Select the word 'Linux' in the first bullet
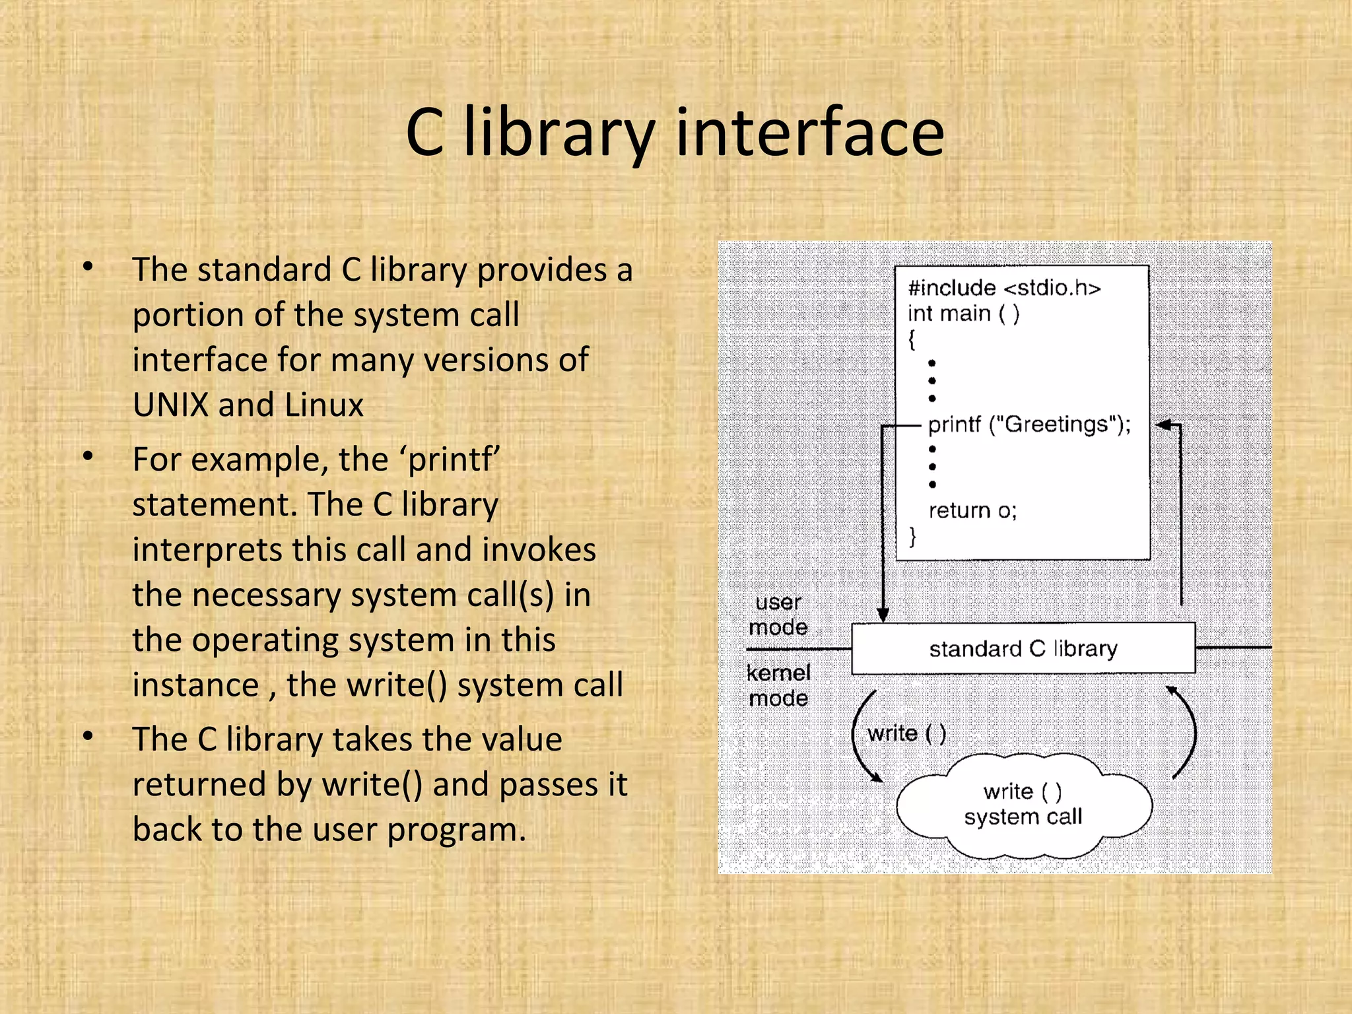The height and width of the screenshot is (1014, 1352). coord(323,405)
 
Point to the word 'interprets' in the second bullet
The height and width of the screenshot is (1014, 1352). coord(207,550)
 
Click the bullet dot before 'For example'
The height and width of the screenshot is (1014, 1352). coord(88,457)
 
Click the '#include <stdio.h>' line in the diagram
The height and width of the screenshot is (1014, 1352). coord(1004,288)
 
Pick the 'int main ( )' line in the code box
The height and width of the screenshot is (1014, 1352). coord(963,314)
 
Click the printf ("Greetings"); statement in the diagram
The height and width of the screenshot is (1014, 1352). coord(1029,424)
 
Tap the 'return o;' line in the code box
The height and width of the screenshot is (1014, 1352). coord(972,510)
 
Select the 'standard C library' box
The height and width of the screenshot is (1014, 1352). coord(1023,648)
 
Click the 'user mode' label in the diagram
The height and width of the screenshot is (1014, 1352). coord(778,614)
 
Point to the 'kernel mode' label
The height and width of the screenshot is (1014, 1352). coord(778,685)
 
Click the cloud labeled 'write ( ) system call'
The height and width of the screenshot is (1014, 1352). coord(1023,805)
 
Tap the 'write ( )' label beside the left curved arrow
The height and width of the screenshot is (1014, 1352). coord(906,733)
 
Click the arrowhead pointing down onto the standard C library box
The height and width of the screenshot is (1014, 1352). coord(883,615)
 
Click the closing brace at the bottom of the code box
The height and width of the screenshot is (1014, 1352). coord(912,536)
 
